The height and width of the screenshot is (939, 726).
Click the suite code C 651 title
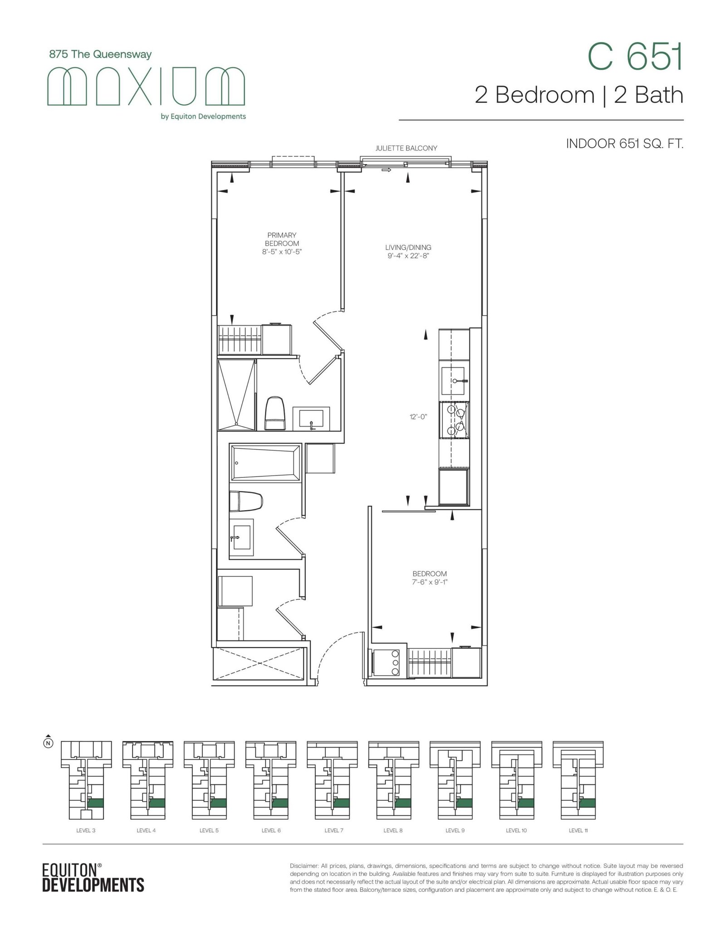coord(635,57)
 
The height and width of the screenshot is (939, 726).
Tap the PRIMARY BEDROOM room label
coord(282,239)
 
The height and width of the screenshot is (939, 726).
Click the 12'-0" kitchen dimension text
coord(418,416)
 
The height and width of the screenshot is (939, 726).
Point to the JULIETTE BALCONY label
coord(406,148)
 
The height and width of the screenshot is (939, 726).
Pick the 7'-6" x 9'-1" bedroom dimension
coord(429,582)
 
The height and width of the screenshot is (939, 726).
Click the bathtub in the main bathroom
coord(265,462)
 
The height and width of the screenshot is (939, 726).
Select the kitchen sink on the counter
coord(454,381)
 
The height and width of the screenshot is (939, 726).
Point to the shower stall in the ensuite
coord(236,394)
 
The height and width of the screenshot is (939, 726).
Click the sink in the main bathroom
coord(241,538)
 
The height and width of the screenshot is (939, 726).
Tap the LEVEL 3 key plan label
coord(85,830)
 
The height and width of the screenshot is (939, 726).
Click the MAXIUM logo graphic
coord(146,86)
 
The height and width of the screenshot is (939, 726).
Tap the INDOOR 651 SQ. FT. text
coord(624,144)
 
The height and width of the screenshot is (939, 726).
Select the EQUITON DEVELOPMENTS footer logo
coord(93,877)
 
